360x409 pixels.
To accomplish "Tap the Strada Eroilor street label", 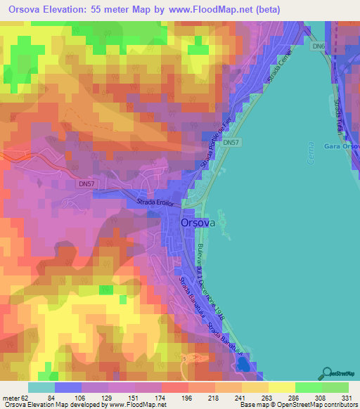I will (154, 203).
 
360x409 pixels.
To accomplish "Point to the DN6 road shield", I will (319, 46).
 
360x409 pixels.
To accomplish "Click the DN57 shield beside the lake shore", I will (230, 143).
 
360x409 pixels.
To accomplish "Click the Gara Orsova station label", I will (342, 147).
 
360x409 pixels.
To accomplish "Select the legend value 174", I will (148, 397).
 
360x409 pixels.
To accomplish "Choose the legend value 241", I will (229, 397).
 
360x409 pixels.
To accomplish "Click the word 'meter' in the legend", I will (11, 397).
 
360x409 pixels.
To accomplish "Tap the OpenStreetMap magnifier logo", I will (327, 372).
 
